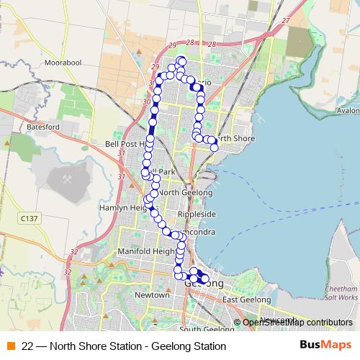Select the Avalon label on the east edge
348,110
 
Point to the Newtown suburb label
152,295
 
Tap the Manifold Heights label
145,252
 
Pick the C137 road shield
30,217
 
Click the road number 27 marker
286,21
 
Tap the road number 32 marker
75,252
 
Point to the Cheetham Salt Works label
341,292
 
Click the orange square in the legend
11,346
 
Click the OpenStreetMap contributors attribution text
297,323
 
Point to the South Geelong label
209,330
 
